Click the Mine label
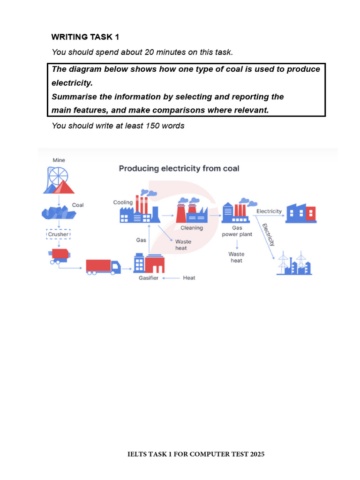click(59, 160)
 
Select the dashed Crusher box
click(58, 234)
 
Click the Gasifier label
click(148, 278)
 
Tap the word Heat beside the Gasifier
click(189, 278)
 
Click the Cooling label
click(123, 202)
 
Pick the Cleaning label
click(192, 228)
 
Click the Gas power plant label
click(237, 231)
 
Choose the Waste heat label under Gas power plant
click(236, 257)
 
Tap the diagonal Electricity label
click(268, 234)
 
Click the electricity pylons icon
click(294, 263)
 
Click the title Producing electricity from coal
click(179, 168)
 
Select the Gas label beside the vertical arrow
click(141, 240)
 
